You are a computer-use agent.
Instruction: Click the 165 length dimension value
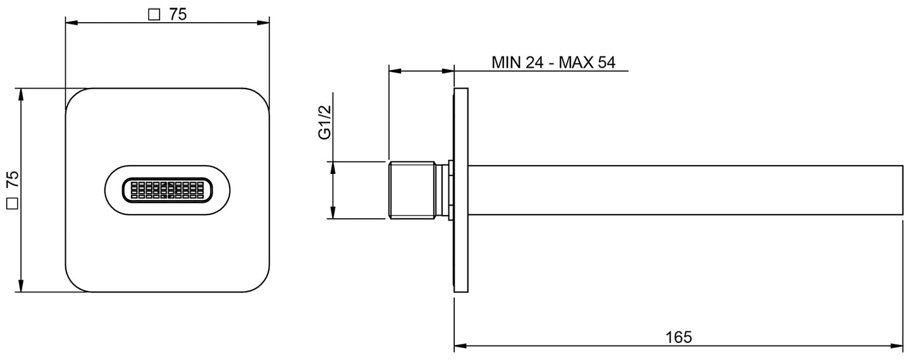pos(679,337)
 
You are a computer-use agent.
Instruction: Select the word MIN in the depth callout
pos(506,63)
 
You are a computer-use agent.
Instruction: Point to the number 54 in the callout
pos(605,63)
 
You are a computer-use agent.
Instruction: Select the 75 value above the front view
pos(178,15)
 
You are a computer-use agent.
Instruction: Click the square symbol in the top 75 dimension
pos(153,15)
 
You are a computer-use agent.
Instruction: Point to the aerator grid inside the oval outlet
pos(167,190)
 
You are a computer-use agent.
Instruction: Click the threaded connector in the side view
pos(412,190)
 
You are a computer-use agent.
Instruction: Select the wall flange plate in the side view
pos(461,190)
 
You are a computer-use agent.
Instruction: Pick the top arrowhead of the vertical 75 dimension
pos(22,93)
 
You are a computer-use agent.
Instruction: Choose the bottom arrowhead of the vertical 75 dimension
pos(22,287)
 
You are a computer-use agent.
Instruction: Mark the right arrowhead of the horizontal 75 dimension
pos(264,23)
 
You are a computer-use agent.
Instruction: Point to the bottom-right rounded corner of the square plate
pos(261,284)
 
